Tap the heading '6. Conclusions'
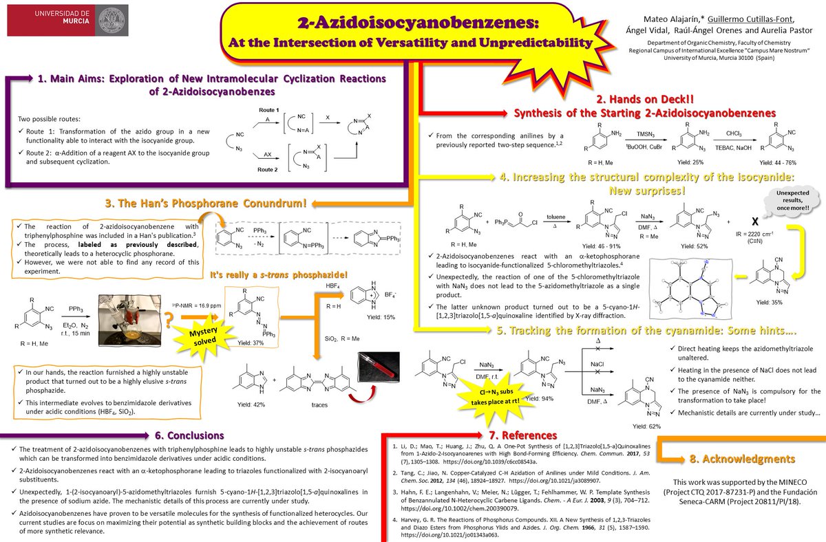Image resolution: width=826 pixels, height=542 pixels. (190, 435)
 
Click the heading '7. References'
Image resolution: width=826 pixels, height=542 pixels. (494, 435)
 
